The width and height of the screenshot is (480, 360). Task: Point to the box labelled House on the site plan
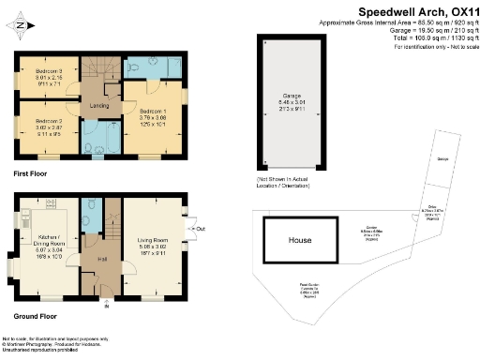tap(299, 240)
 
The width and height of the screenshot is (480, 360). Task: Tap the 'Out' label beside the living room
tap(200, 228)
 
